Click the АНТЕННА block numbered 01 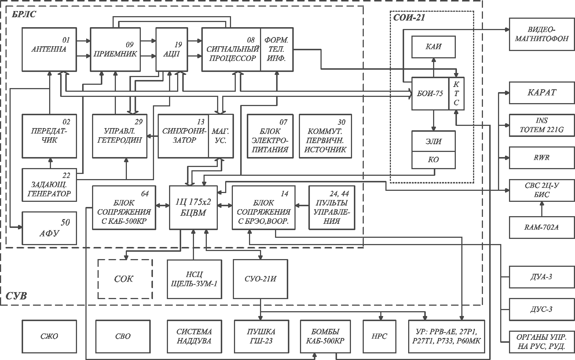coord(49,49)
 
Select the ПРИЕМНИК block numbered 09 coord(115,49)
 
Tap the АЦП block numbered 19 coord(172,49)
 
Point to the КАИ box coord(433,47)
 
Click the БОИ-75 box coord(430,94)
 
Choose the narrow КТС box coord(457,94)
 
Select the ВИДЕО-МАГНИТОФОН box coord(542,34)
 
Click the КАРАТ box coord(542,93)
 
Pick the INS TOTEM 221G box coord(542,125)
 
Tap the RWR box coord(542,157)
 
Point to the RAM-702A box coord(542,228)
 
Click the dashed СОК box coord(125,279)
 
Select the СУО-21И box coord(260,279)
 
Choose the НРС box coord(380,337)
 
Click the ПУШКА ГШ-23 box coord(261,337)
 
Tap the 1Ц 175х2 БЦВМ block coord(193,208)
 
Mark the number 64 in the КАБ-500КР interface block coord(145,194)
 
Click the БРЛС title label coord(24,14)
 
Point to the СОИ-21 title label coord(409,18)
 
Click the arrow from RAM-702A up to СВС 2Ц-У coord(542,209)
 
